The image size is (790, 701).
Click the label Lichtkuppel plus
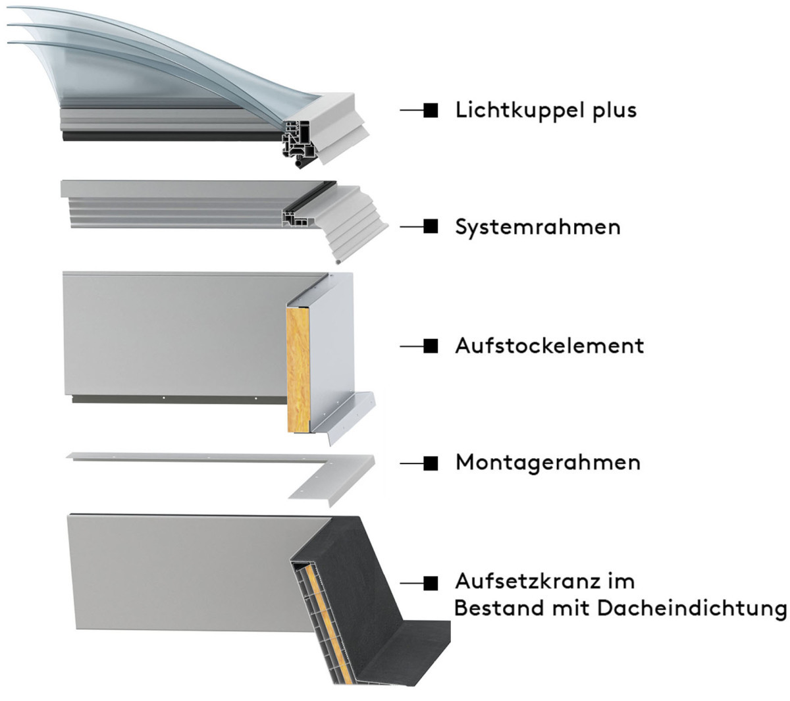[546, 111]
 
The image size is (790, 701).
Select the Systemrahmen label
[538, 227]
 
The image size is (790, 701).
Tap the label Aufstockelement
[549, 346]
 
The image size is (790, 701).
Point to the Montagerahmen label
[548, 463]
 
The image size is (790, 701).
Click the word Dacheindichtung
[692, 609]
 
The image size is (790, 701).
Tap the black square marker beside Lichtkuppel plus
[431, 111]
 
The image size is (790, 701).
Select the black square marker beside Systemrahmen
[431, 226]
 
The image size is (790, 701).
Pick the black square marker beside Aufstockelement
[431, 346]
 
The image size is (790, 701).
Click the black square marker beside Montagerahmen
[431, 463]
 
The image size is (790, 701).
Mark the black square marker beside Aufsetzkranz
[431, 583]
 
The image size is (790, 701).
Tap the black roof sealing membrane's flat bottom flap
[409, 655]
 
